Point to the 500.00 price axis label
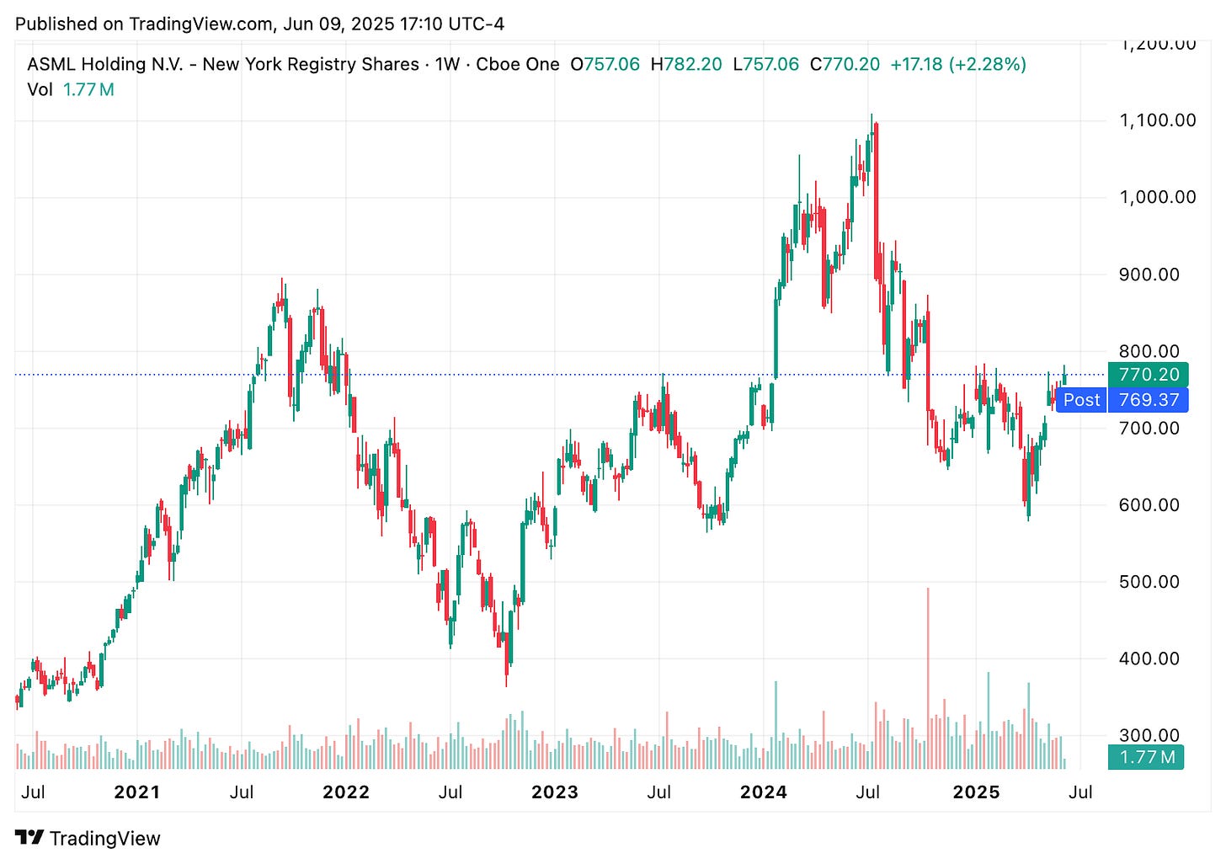point(1149,582)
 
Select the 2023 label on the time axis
point(555,792)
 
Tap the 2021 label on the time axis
point(136,792)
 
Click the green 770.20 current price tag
point(1149,375)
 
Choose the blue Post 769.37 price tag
point(1122,400)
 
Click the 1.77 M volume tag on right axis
point(1144,757)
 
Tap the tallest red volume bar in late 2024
point(928,674)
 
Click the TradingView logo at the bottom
point(88,838)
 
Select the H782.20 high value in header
point(686,65)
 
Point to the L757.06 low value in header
point(765,65)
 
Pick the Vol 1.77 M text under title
point(71,89)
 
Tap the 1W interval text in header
point(446,65)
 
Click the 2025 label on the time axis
point(975,792)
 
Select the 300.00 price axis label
point(1149,735)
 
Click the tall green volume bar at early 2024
point(776,724)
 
